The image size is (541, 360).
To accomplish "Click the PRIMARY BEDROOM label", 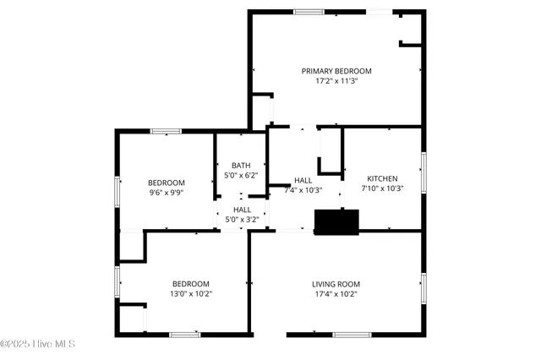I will (x=336, y=71).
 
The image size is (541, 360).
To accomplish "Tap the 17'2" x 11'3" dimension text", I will (x=336, y=82).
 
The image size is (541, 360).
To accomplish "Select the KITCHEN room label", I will (x=382, y=178).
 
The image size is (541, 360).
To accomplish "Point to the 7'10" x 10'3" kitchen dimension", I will (x=382, y=188).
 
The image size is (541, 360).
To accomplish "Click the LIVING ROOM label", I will (x=336, y=284).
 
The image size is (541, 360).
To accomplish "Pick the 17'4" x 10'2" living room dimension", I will (x=336, y=295).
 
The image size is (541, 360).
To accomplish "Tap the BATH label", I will (x=242, y=165).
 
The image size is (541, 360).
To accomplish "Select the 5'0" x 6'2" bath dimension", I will (x=242, y=175).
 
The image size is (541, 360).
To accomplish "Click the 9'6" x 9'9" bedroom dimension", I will (x=167, y=193).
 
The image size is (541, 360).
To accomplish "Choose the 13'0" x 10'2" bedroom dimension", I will (x=192, y=294).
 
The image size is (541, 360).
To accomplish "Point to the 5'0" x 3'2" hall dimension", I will (x=242, y=220).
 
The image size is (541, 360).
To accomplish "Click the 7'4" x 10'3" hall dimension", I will (x=303, y=190).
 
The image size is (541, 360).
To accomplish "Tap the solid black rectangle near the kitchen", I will (x=337, y=221).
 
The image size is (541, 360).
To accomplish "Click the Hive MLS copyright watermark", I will (x=39, y=344).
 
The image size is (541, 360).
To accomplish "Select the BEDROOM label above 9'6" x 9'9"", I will (x=167, y=183).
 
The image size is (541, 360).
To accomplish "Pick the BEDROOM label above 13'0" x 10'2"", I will (x=192, y=284).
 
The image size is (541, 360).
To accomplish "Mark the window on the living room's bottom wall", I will (x=352, y=335).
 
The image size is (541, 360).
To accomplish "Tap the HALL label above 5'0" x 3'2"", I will (x=242, y=210).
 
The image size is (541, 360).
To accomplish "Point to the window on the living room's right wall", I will (x=423, y=288).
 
